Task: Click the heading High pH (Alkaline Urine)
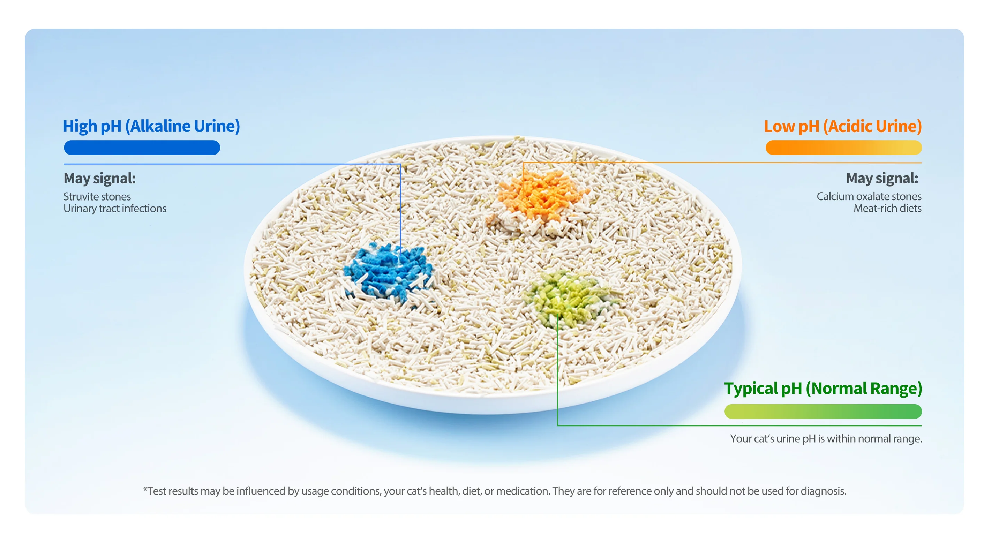tap(151, 126)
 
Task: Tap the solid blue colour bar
tap(142, 148)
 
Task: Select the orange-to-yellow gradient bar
tap(843, 148)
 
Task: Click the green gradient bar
tap(823, 411)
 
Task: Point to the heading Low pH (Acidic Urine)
tap(843, 126)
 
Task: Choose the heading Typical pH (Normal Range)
tap(823, 389)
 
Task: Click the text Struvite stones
tap(97, 197)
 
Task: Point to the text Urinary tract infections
tap(115, 209)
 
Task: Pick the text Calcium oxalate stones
tap(869, 197)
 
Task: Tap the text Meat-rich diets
tap(887, 208)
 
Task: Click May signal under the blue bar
tap(100, 178)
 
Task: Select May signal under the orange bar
tap(882, 178)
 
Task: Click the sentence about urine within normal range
tap(826, 438)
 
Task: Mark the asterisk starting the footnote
tap(145, 489)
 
